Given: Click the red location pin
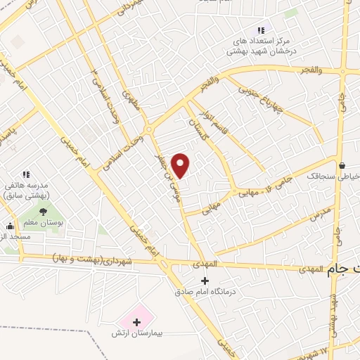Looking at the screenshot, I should [x=181, y=165].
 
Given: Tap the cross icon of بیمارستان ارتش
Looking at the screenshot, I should [x=136, y=322].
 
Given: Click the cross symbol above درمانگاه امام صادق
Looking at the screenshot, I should [x=205, y=280].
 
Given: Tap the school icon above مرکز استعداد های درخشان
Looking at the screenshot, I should [x=260, y=30].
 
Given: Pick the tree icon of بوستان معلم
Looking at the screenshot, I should [x=43, y=210].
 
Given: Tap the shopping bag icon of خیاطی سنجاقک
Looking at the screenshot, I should [x=342, y=166].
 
